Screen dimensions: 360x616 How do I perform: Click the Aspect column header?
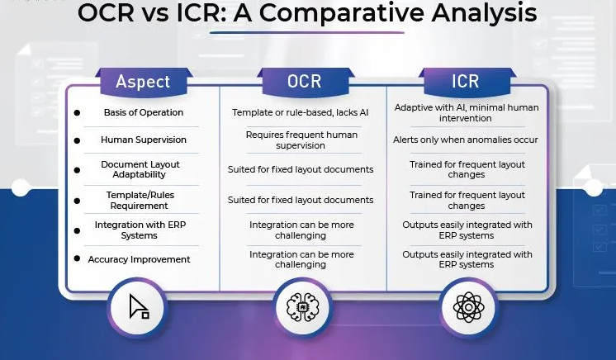[143, 82]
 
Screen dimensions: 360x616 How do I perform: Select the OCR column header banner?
[303, 82]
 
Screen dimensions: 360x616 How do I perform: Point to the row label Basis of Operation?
[144, 112]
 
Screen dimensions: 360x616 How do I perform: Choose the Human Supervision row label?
[144, 140]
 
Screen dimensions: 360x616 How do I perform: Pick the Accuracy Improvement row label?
[140, 259]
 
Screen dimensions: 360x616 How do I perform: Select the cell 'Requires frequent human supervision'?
[302, 140]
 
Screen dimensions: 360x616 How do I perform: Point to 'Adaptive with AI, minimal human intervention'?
[466, 113]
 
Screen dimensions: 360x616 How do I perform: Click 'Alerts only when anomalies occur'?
[466, 140]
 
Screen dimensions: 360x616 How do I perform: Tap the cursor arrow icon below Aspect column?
[139, 307]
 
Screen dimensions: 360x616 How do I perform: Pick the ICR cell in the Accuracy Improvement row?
[467, 259]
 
